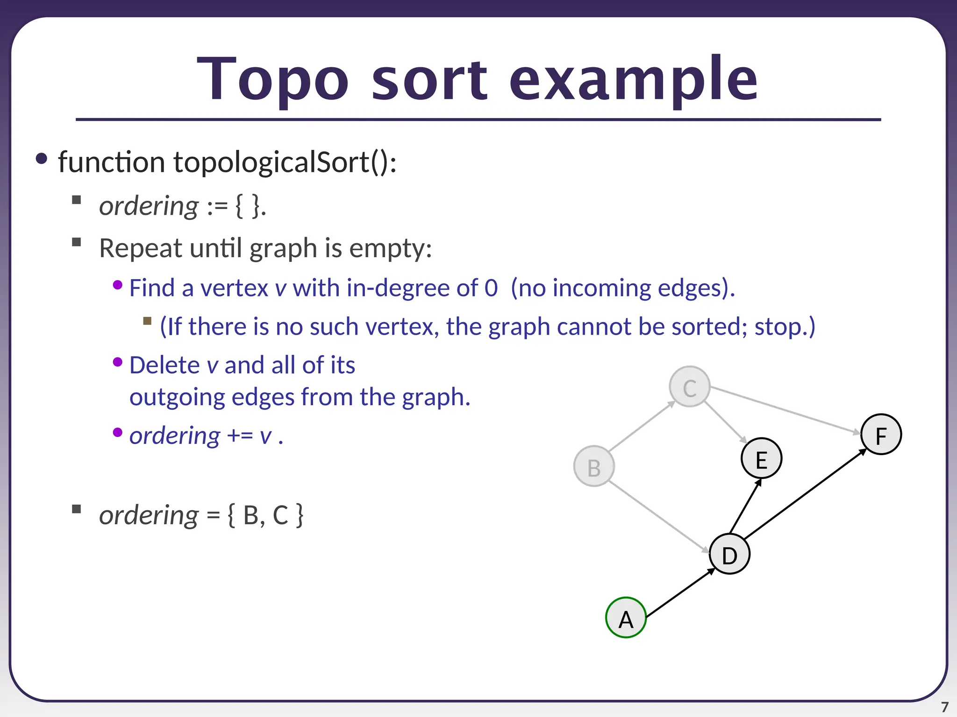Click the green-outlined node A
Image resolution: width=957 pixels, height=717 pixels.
click(x=626, y=618)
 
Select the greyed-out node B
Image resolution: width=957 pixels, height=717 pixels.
click(x=594, y=466)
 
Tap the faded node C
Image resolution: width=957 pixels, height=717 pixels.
click(x=690, y=387)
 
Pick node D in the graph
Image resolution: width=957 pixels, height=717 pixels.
click(x=729, y=554)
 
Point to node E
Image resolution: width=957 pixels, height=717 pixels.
click(x=761, y=458)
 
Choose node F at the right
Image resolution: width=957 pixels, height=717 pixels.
click(x=881, y=435)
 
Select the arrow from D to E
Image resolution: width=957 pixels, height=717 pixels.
click(x=746, y=506)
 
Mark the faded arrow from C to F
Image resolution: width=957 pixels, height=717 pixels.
click(x=785, y=410)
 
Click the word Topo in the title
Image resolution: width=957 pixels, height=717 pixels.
click(x=273, y=79)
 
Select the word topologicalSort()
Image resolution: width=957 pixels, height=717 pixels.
click(x=285, y=162)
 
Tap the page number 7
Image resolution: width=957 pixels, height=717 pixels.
click(x=944, y=707)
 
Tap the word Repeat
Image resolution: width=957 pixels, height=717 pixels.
click(x=141, y=248)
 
